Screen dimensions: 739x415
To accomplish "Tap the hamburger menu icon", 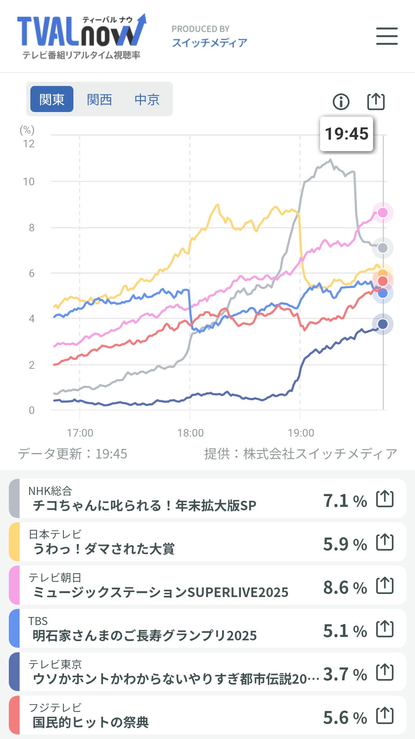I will click(x=387, y=36).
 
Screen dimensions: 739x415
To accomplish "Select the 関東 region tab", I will click(x=52, y=99).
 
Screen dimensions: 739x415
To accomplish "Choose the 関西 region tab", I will click(x=99, y=99).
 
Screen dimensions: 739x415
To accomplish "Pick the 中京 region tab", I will click(x=147, y=99).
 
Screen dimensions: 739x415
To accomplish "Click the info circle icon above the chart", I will click(x=341, y=102).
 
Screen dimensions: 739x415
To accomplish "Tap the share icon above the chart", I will click(x=376, y=101).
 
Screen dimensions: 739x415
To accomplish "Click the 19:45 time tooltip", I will click(x=347, y=134).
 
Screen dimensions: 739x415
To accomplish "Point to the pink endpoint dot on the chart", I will click(x=383, y=213).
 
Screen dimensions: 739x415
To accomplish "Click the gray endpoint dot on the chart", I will click(x=383, y=248).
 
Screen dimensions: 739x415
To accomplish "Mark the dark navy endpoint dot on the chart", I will click(x=383, y=324).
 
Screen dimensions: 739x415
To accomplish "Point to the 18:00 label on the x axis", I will click(x=190, y=433).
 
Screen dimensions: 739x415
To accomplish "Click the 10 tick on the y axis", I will click(x=29, y=181).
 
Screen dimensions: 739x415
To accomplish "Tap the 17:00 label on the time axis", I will click(x=80, y=433).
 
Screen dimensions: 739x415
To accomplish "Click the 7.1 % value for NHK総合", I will click(x=345, y=501).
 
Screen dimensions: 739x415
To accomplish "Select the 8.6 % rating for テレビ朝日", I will click(x=345, y=587).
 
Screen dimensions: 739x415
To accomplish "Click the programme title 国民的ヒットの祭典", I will click(x=91, y=722).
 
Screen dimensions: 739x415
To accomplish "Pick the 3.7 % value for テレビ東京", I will click(x=345, y=674).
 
